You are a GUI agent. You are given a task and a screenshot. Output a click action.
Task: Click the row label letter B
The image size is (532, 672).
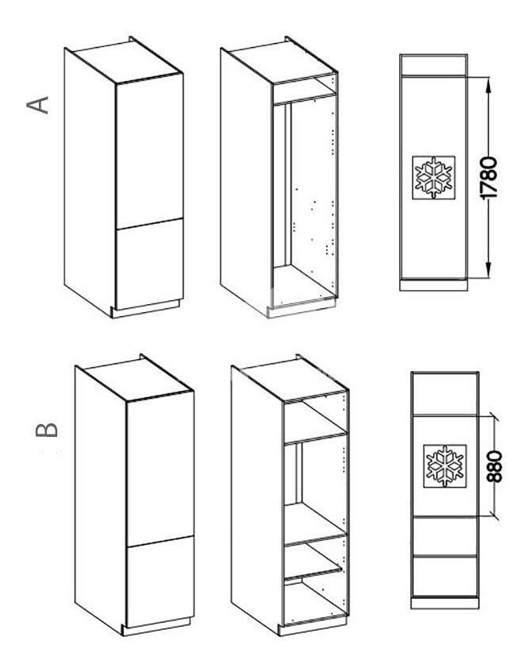pyautogui.click(x=47, y=430)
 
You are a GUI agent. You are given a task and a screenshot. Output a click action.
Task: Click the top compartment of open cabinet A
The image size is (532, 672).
pyautogui.click(x=303, y=87)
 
